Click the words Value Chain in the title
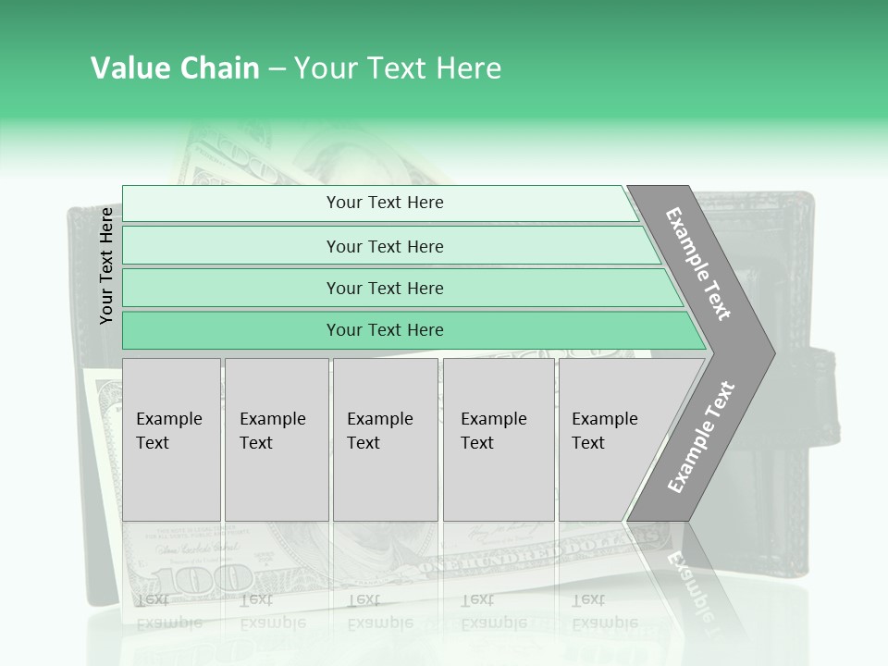[x=175, y=68]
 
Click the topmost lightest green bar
[x=384, y=203]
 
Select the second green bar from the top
[x=384, y=246]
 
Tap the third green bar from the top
[x=384, y=288]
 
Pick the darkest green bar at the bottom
[x=384, y=330]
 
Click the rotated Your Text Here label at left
[x=106, y=266]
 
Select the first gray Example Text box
[x=171, y=438]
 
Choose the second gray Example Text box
[x=276, y=438]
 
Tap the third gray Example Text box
[x=384, y=438]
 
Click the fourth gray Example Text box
[x=498, y=438]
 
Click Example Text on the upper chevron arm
[x=698, y=264]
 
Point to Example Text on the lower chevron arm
[x=700, y=438]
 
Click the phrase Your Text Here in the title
[x=398, y=68]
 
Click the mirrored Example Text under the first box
[x=169, y=610]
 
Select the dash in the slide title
[x=277, y=69]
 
